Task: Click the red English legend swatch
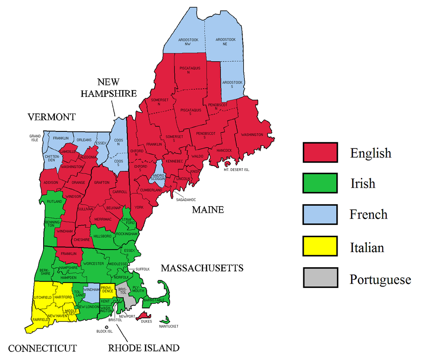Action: [x=320, y=152]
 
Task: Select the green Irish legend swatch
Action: [x=320, y=183]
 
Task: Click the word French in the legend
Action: [x=368, y=214]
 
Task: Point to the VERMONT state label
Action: [x=51, y=117]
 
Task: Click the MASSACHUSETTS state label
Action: [x=202, y=269]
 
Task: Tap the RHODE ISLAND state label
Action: [x=144, y=348]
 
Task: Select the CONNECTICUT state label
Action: [x=42, y=348]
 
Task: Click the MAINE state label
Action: [x=207, y=210]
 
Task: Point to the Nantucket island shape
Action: [x=167, y=320]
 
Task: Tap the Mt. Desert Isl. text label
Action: [x=236, y=170]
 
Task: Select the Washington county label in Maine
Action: [x=252, y=135]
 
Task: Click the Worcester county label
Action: [x=94, y=263]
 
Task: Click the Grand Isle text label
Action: [x=35, y=137]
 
